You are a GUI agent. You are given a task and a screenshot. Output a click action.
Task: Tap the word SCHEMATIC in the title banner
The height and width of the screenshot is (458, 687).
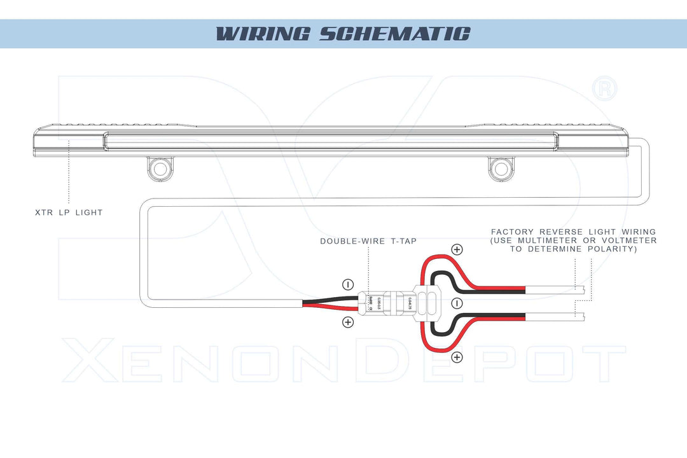[x=394, y=34]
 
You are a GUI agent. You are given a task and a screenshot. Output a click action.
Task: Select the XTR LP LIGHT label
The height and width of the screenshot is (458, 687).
[x=69, y=212]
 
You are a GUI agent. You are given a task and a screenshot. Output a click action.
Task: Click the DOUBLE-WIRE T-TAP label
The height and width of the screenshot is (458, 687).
[x=368, y=241]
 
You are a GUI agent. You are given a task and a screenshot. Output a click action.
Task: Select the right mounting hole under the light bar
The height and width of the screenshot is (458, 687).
[x=500, y=169]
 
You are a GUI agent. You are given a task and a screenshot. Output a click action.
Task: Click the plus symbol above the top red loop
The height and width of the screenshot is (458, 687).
[x=456, y=249]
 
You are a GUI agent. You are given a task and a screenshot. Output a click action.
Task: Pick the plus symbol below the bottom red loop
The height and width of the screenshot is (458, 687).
[x=456, y=357]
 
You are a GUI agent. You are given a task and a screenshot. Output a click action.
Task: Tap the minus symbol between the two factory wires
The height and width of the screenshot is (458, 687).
[x=456, y=303]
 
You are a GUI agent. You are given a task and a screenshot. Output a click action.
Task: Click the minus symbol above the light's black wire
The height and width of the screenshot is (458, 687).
[x=348, y=284]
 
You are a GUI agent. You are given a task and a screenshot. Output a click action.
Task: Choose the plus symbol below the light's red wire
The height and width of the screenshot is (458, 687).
[x=348, y=322]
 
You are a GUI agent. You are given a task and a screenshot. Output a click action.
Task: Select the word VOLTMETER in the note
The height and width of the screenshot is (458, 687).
[x=626, y=240]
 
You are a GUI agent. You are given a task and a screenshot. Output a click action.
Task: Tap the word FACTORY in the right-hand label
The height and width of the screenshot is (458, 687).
[x=512, y=232]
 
